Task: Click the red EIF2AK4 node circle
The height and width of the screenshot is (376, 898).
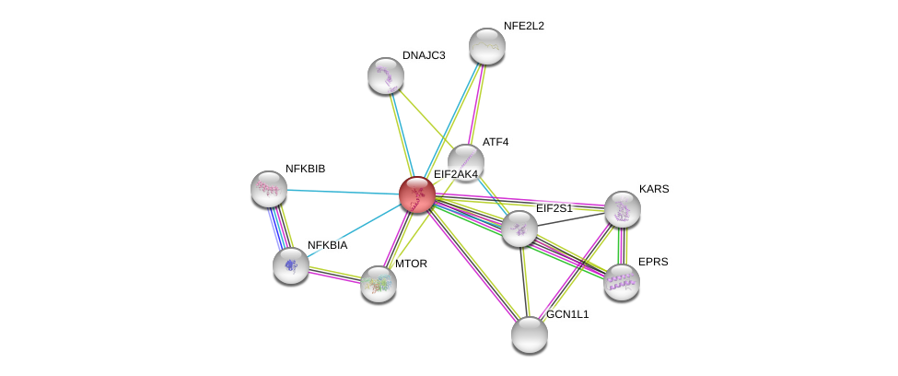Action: (416, 194)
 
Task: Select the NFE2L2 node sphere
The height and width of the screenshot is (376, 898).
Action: (486, 46)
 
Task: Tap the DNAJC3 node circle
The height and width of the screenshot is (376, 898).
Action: (385, 76)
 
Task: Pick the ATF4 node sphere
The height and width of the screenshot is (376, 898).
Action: (466, 161)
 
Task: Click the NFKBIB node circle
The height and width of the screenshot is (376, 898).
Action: (269, 189)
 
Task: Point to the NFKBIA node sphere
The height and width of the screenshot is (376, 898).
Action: (291, 265)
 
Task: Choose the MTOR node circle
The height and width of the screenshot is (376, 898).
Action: (378, 284)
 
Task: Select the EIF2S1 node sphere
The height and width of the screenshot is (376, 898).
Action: (519, 229)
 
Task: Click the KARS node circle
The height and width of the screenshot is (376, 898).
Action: (623, 209)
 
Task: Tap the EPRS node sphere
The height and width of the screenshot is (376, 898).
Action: (622, 281)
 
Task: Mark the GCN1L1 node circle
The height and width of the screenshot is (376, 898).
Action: (530, 334)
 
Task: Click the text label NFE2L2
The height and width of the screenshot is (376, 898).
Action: (523, 26)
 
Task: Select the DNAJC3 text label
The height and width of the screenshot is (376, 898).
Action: (423, 55)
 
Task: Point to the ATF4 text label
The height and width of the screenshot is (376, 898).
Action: (495, 142)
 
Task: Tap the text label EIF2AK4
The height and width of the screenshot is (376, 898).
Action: (456, 174)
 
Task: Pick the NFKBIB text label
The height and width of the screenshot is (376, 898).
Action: (305, 169)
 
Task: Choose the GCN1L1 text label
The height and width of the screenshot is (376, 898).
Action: (571, 314)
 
